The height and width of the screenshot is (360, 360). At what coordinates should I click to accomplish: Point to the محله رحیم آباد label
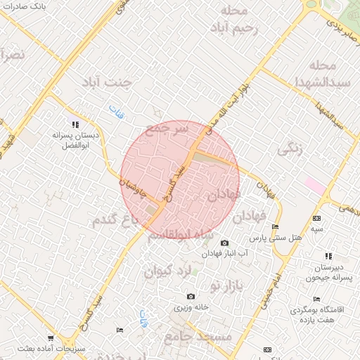pos(234,20)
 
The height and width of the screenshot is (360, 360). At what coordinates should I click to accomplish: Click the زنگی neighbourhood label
pos(291,148)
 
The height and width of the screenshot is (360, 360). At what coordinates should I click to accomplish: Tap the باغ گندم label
pos(112,221)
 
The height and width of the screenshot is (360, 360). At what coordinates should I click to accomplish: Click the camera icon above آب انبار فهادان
pos(224,242)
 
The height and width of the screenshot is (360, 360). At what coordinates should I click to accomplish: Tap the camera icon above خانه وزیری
pos(191,297)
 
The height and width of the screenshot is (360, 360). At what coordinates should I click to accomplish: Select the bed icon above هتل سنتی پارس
pos(275,226)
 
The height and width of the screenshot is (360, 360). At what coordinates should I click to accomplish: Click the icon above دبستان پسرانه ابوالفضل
pos(75,124)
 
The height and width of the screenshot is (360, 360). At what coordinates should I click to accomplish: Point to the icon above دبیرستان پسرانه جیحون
pos(328,257)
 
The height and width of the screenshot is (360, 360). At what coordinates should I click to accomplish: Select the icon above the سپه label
pos(316,219)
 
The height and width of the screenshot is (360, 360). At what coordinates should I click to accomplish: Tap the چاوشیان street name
pos(133,189)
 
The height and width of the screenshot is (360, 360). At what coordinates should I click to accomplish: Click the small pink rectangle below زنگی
pos(315,186)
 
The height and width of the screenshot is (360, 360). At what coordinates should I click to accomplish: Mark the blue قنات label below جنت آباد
pos(115,110)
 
